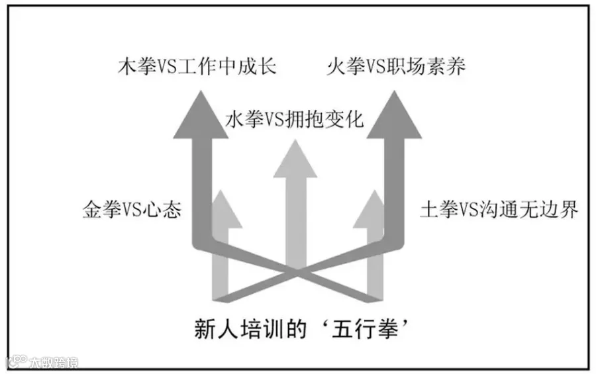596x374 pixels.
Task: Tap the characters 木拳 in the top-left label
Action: tap(137, 67)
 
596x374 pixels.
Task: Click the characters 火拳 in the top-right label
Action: tap(343, 67)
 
